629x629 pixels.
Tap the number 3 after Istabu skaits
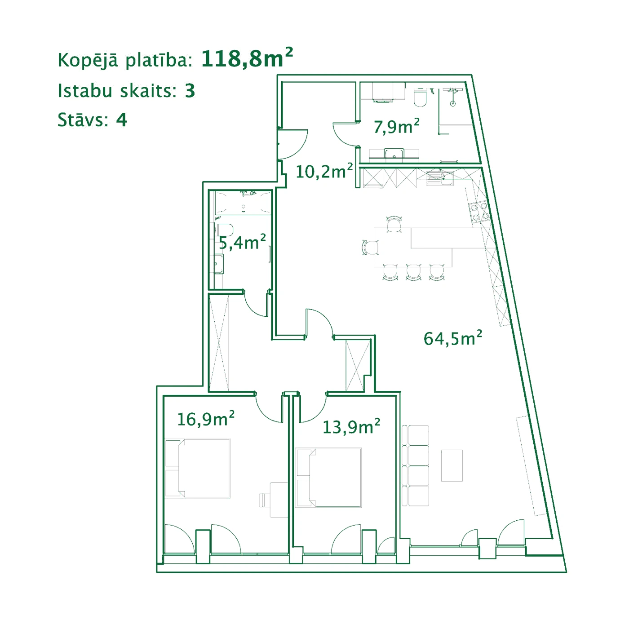[x=190, y=91]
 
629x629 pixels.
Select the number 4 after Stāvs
[x=121, y=120]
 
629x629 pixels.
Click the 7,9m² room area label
[x=396, y=126]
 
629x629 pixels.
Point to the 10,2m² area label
[x=324, y=171]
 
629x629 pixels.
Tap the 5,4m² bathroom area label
[x=242, y=242]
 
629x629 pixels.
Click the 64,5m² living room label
[x=453, y=338]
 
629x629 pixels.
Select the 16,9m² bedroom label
[x=206, y=419]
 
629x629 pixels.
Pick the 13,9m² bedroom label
[x=351, y=427]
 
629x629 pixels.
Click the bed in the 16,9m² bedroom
[x=198, y=468]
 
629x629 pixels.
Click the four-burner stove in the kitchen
[x=479, y=213]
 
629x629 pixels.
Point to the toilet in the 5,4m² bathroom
[x=224, y=230]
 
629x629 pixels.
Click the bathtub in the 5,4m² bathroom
[x=243, y=203]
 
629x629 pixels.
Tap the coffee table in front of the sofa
[x=452, y=465]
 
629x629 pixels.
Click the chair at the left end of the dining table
[x=371, y=248]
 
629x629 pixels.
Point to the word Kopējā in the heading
[x=88, y=61]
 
